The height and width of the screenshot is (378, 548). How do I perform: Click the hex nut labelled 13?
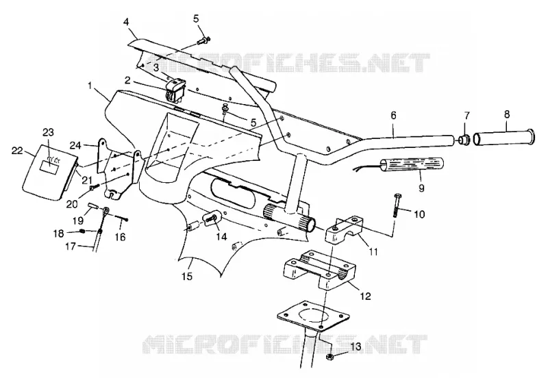(x=329, y=357)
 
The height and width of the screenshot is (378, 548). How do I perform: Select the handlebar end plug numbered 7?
(x=464, y=140)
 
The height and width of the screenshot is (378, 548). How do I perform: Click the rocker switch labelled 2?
(x=175, y=90)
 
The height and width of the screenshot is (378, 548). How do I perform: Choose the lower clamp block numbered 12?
(x=321, y=269)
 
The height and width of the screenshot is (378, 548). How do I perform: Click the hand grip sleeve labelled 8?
(x=503, y=137)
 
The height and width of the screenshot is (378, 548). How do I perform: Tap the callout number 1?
(x=90, y=86)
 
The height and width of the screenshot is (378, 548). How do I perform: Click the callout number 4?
(x=126, y=22)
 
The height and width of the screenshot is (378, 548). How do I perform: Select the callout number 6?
(x=393, y=116)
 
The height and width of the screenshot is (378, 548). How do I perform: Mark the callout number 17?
(x=71, y=247)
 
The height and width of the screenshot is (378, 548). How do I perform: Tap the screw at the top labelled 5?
(x=203, y=40)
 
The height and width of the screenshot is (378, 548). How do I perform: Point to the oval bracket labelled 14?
(x=212, y=218)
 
